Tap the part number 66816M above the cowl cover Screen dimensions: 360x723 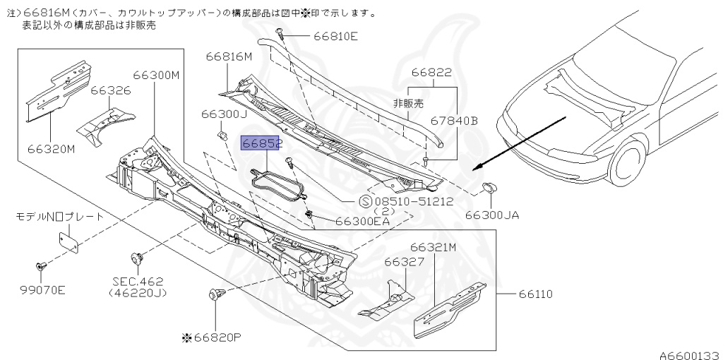[x=229, y=57]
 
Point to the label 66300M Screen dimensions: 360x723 [x=157, y=76]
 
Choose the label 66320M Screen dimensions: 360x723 [x=52, y=149]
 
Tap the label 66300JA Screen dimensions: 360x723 [x=492, y=215]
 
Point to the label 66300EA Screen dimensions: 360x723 [x=362, y=220]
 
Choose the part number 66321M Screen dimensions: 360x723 [x=433, y=247]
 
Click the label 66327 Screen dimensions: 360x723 [x=403, y=261]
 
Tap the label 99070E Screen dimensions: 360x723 [x=42, y=289]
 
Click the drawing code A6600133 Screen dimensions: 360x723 [x=689, y=355]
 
